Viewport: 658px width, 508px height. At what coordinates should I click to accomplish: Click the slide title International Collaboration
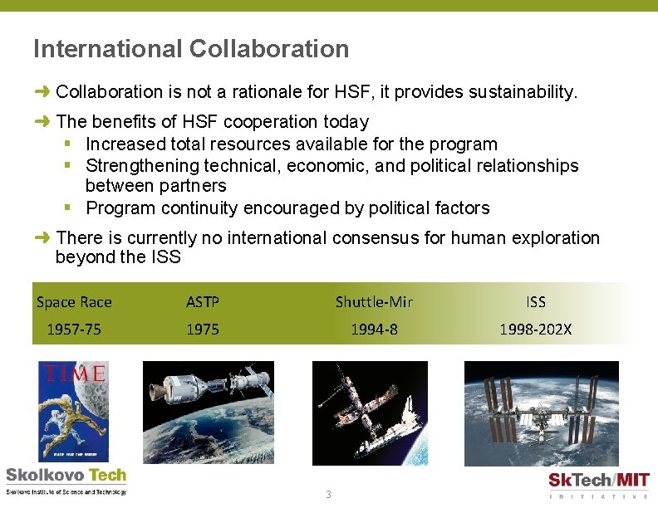pos(191,49)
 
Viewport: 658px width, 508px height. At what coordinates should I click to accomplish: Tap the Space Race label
pos(74,302)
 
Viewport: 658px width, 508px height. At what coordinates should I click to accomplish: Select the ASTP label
pos(203,302)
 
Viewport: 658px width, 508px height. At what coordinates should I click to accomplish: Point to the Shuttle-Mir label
pos(374,302)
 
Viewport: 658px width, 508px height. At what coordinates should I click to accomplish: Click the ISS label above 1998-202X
pos(536,302)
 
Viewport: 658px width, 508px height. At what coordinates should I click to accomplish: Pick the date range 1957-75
pos(74,330)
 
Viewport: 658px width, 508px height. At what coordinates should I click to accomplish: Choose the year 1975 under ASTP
pos(203,330)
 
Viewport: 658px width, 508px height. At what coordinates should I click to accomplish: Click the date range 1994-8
pos(374,330)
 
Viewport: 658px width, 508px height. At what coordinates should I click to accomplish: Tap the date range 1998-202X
pos(536,330)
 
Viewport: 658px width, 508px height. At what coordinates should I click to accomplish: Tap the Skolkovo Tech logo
pos(66,481)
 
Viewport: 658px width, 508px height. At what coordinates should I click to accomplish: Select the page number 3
pos(328,495)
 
